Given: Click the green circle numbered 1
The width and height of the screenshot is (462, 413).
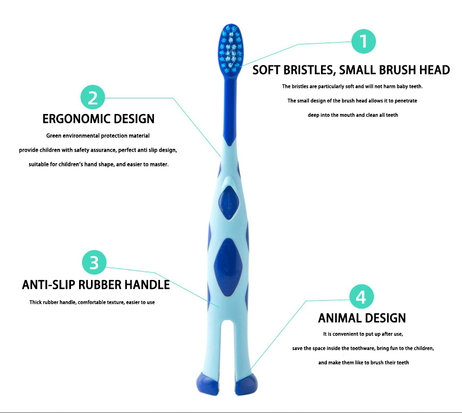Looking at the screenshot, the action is click(x=363, y=41).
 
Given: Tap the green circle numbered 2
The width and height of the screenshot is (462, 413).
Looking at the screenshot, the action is click(x=93, y=97).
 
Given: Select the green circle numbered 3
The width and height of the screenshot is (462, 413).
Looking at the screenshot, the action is click(x=94, y=262).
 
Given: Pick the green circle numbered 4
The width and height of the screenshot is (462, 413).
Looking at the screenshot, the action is click(x=362, y=297).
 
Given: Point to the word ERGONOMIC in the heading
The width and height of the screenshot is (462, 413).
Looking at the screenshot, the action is click(x=76, y=119).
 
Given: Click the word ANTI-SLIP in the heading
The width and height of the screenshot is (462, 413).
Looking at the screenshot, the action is click(x=49, y=285).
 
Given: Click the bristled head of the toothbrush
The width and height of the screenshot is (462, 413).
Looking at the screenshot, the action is click(x=231, y=49).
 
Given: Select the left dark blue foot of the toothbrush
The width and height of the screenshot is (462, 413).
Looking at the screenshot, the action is click(x=208, y=383).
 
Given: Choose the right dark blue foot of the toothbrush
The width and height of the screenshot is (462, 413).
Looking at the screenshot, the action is click(x=246, y=383).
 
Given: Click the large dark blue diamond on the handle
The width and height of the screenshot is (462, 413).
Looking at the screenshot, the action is click(x=228, y=268).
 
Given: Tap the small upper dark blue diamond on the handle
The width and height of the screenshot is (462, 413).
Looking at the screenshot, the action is click(x=229, y=203).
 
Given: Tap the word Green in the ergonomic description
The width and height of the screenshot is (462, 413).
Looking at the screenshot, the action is click(x=54, y=136).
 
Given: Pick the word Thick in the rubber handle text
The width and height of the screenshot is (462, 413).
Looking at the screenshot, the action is click(x=35, y=302).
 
